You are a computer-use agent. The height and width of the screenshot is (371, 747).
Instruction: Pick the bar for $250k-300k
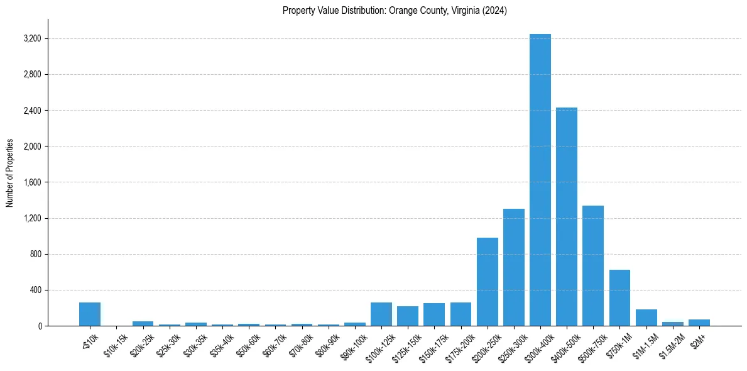pyautogui.click(x=514, y=267)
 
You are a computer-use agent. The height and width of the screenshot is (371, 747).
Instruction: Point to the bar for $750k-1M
pyautogui.click(x=619, y=298)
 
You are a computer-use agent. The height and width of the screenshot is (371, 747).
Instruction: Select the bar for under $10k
pyautogui.click(x=90, y=314)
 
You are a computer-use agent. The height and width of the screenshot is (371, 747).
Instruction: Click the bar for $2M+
pyautogui.click(x=699, y=323)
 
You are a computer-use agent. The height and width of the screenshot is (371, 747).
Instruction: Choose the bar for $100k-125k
pyautogui.click(x=381, y=314)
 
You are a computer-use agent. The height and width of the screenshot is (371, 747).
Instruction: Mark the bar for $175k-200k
pyautogui.click(x=461, y=314)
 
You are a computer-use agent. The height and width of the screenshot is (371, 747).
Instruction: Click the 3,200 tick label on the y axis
pyautogui.click(x=30, y=39)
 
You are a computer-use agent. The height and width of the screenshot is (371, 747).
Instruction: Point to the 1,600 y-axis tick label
pyautogui.click(x=30, y=182)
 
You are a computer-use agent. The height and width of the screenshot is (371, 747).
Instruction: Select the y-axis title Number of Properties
pyautogui.click(x=10, y=173)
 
